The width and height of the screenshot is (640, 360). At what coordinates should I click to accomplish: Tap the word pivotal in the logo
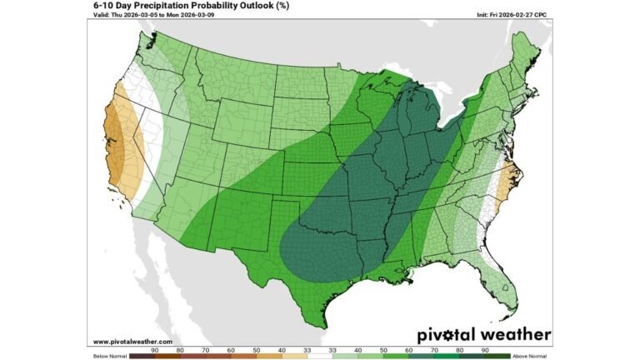[x=449, y=335]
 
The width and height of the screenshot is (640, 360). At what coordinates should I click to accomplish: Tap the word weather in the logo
[x=517, y=335]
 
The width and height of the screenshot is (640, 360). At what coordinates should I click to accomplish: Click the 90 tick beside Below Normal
[x=155, y=350]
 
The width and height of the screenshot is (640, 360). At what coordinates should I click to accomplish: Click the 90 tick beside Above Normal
[x=484, y=350]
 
